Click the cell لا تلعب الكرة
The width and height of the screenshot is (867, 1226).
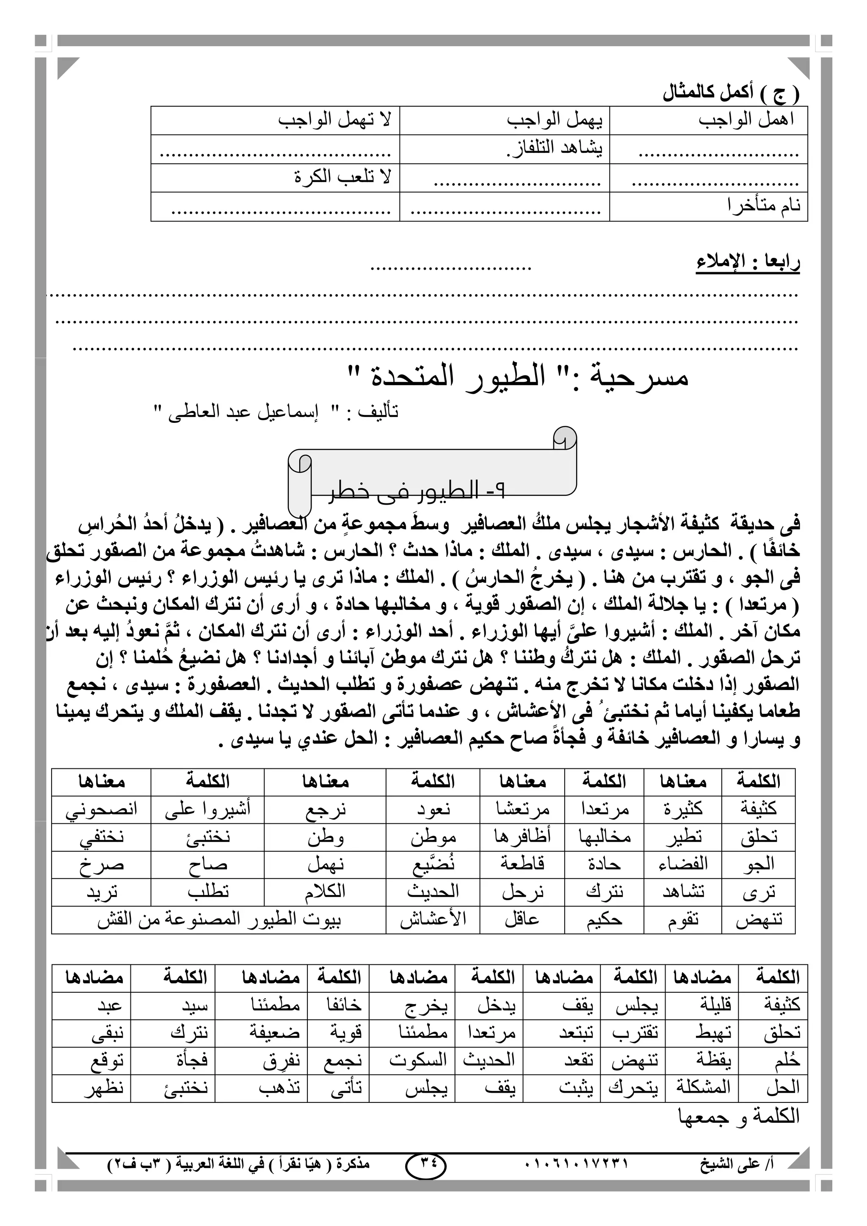342,177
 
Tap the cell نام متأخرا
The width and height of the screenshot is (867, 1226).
763,206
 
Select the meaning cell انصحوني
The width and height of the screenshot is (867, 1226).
102,809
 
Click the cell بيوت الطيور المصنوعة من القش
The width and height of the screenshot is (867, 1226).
219,920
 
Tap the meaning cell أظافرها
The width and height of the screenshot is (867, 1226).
522,837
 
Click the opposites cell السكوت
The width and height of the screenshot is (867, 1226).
417,1060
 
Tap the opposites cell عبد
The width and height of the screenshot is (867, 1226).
110,1005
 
